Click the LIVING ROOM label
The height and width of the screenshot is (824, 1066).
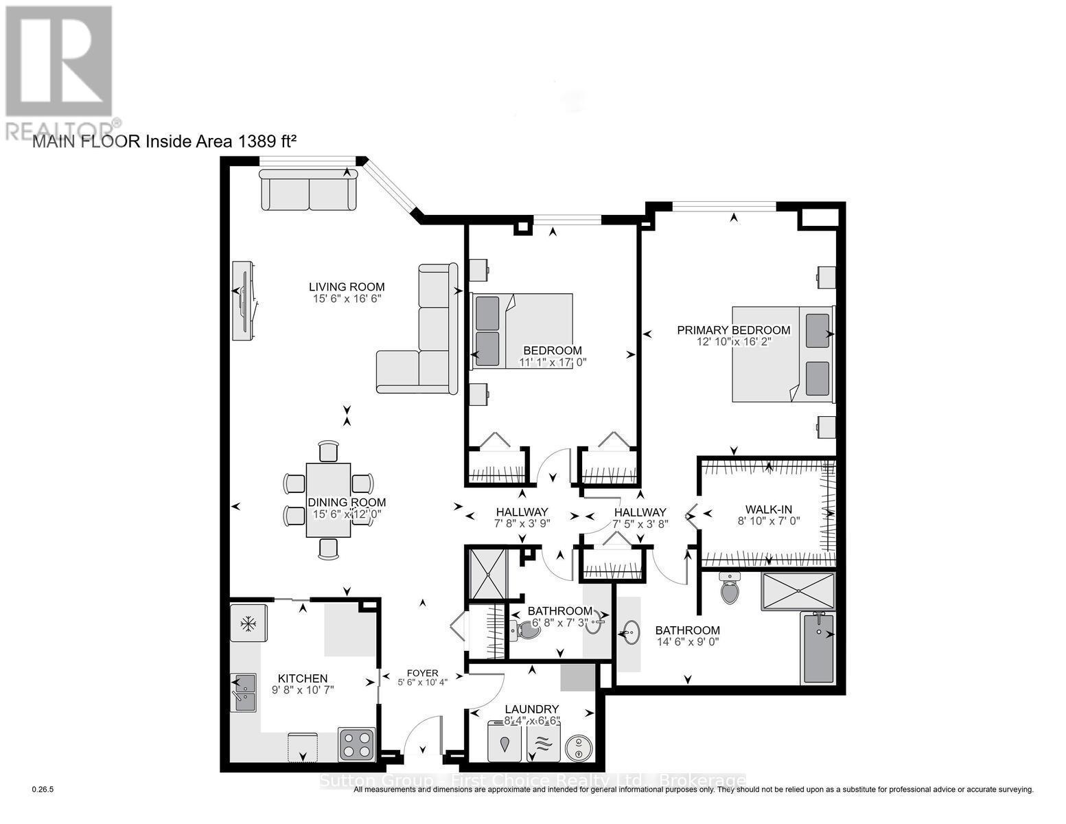click(346, 287)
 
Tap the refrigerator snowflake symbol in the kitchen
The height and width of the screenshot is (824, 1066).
click(246, 623)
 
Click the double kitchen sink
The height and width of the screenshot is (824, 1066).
click(243, 692)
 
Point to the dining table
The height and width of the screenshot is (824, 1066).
click(329, 500)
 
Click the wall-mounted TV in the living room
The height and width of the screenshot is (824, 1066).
click(245, 300)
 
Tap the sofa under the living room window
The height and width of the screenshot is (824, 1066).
click(309, 190)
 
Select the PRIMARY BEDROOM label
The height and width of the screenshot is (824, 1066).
click(733, 330)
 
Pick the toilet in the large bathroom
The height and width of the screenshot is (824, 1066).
click(730, 589)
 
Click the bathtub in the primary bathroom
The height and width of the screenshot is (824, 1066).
click(818, 647)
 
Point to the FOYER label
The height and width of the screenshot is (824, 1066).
click(421, 673)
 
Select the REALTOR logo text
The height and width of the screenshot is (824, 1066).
click(62, 130)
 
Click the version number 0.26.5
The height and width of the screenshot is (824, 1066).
click(43, 790)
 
